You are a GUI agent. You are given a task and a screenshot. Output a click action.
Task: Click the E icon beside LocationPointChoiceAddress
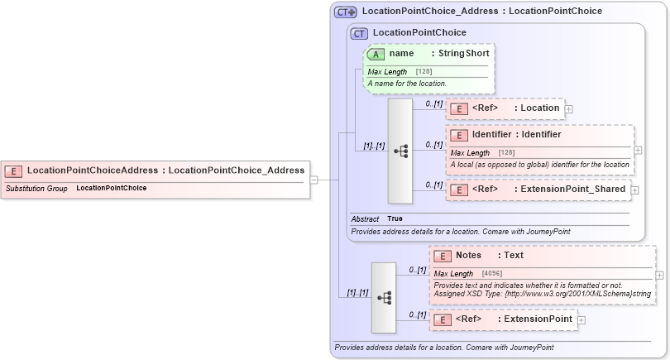(14, 170)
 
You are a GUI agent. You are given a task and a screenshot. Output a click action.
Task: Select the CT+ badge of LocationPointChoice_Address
(346, 12)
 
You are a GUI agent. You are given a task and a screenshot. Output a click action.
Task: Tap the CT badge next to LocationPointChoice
(359, 34)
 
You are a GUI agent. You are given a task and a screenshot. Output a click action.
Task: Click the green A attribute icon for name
(376, 54)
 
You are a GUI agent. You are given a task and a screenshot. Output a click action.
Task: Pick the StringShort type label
(463, 54)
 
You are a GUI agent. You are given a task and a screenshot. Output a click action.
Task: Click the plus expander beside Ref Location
(569, 109)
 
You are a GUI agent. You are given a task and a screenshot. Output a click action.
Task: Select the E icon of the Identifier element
(459, 135)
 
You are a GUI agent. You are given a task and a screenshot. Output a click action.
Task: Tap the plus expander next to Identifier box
(638, 151)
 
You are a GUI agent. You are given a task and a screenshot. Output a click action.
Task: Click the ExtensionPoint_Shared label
(571, 190)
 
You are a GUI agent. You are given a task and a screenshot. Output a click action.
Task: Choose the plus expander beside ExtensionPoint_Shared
(634, 190)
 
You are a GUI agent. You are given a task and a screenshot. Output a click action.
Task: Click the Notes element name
(468, 256)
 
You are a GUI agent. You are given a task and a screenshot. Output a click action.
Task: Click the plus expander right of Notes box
(659, 276)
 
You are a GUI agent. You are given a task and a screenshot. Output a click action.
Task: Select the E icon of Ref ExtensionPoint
(443, 319)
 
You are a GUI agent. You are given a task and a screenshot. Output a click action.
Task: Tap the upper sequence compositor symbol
(400, 151)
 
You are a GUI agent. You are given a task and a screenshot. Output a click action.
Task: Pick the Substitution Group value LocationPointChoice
(111, 189)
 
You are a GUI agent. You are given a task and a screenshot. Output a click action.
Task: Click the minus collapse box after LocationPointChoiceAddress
(314, 180)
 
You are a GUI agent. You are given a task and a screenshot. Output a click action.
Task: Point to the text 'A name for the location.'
(407, 84)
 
